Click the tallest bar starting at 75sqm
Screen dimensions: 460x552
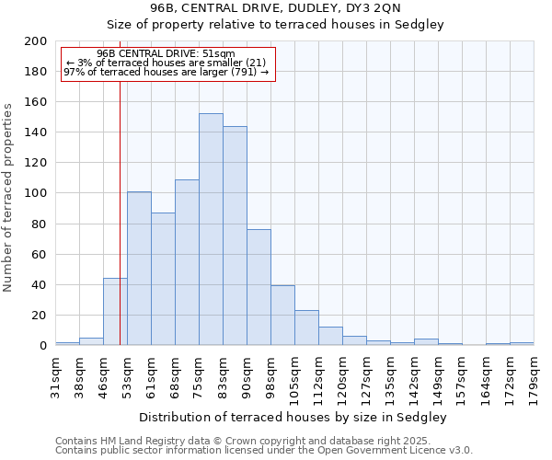[x=211, y=230]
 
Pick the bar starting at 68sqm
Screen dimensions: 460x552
[x=187, y=262]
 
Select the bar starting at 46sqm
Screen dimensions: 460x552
[x=115, y=312]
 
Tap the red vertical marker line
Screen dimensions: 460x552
[x=120, y=202]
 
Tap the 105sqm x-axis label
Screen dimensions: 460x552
[x=294, y=376]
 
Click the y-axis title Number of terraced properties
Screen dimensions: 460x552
[x=8, y=197]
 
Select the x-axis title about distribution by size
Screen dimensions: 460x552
[x=294, y=417]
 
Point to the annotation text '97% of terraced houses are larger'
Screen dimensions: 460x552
[x=166, y=72]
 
